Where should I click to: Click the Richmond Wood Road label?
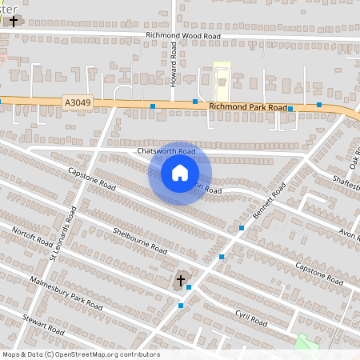pyautogui.click(x=183, y=35)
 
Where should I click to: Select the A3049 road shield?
pyautogui.click(x=74, y=102)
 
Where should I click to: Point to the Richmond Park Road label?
pyautogui.click(x=247, y=106)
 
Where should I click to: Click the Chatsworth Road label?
pyautogui.click(x=166, y=150)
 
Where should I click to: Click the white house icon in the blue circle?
pyautogui.click(x=180, y=173)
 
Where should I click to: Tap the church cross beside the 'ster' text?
pyautogui.click(x=14, y=20)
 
